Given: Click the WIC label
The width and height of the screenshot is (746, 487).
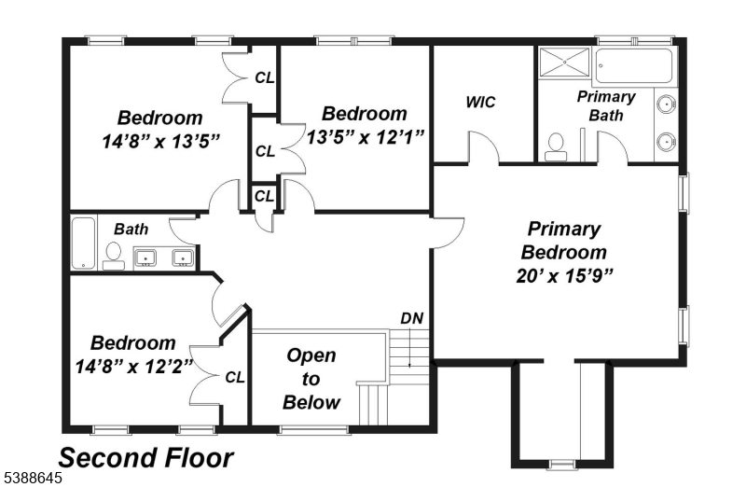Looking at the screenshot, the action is coord(480,102).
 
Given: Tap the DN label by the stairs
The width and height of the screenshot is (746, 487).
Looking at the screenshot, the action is coord(412,318).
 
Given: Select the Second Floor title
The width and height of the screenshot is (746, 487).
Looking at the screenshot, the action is coord(146,458).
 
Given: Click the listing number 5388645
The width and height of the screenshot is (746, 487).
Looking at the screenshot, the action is coord(32,478).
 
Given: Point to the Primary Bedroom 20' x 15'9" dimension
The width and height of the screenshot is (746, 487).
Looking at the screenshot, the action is coord(564,275).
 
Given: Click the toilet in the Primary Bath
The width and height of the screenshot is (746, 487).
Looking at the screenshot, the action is coord(555,147).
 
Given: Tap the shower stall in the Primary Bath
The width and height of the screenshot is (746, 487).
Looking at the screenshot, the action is coord(565,62).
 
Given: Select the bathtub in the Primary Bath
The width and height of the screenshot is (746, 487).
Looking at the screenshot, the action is coord(634,65).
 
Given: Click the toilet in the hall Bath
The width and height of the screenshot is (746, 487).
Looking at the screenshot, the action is coord(113,257).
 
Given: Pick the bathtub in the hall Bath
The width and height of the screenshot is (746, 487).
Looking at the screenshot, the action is coord(84,243).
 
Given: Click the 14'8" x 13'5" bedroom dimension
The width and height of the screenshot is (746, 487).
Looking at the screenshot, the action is coord(161,142).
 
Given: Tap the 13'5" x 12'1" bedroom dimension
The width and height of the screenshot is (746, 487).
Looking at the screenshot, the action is coord(365,137).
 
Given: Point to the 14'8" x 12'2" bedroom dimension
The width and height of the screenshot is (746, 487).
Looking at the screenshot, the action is coord(134,367).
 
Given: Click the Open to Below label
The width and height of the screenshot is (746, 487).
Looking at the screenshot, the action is coord(311,379).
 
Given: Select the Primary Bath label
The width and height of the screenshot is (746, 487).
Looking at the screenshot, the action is coord(606,105).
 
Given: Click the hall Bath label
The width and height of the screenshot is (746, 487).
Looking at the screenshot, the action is coord(131,229).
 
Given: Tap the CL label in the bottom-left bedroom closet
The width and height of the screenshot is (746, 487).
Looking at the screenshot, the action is coord(235,378).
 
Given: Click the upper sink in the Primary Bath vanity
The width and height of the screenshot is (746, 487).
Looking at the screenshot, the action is coord(666,104).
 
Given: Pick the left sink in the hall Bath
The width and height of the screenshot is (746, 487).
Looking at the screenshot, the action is coord(145,257).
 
